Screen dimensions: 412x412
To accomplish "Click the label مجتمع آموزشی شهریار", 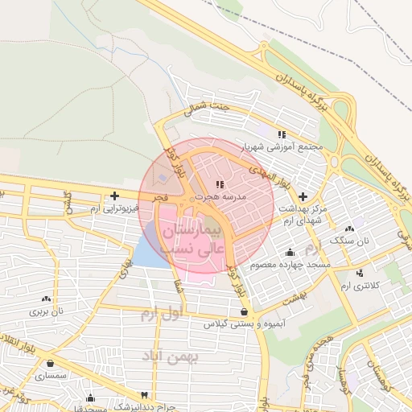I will (287, 147).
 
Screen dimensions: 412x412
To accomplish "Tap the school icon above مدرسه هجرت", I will (220, 185).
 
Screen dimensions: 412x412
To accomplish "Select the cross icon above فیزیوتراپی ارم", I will (115, 196).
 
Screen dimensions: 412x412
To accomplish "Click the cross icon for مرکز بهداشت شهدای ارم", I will (303, 196).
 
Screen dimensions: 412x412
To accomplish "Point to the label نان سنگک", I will (352, 240).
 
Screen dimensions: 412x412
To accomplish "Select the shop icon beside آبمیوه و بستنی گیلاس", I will (244, 311).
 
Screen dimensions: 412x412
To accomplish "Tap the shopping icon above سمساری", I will (51, 363).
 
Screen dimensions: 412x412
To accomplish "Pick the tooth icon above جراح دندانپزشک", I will (144, 395).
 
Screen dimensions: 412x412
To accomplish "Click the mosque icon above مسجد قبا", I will (90, 397).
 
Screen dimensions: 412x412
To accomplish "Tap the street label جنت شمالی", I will (208, 109).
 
